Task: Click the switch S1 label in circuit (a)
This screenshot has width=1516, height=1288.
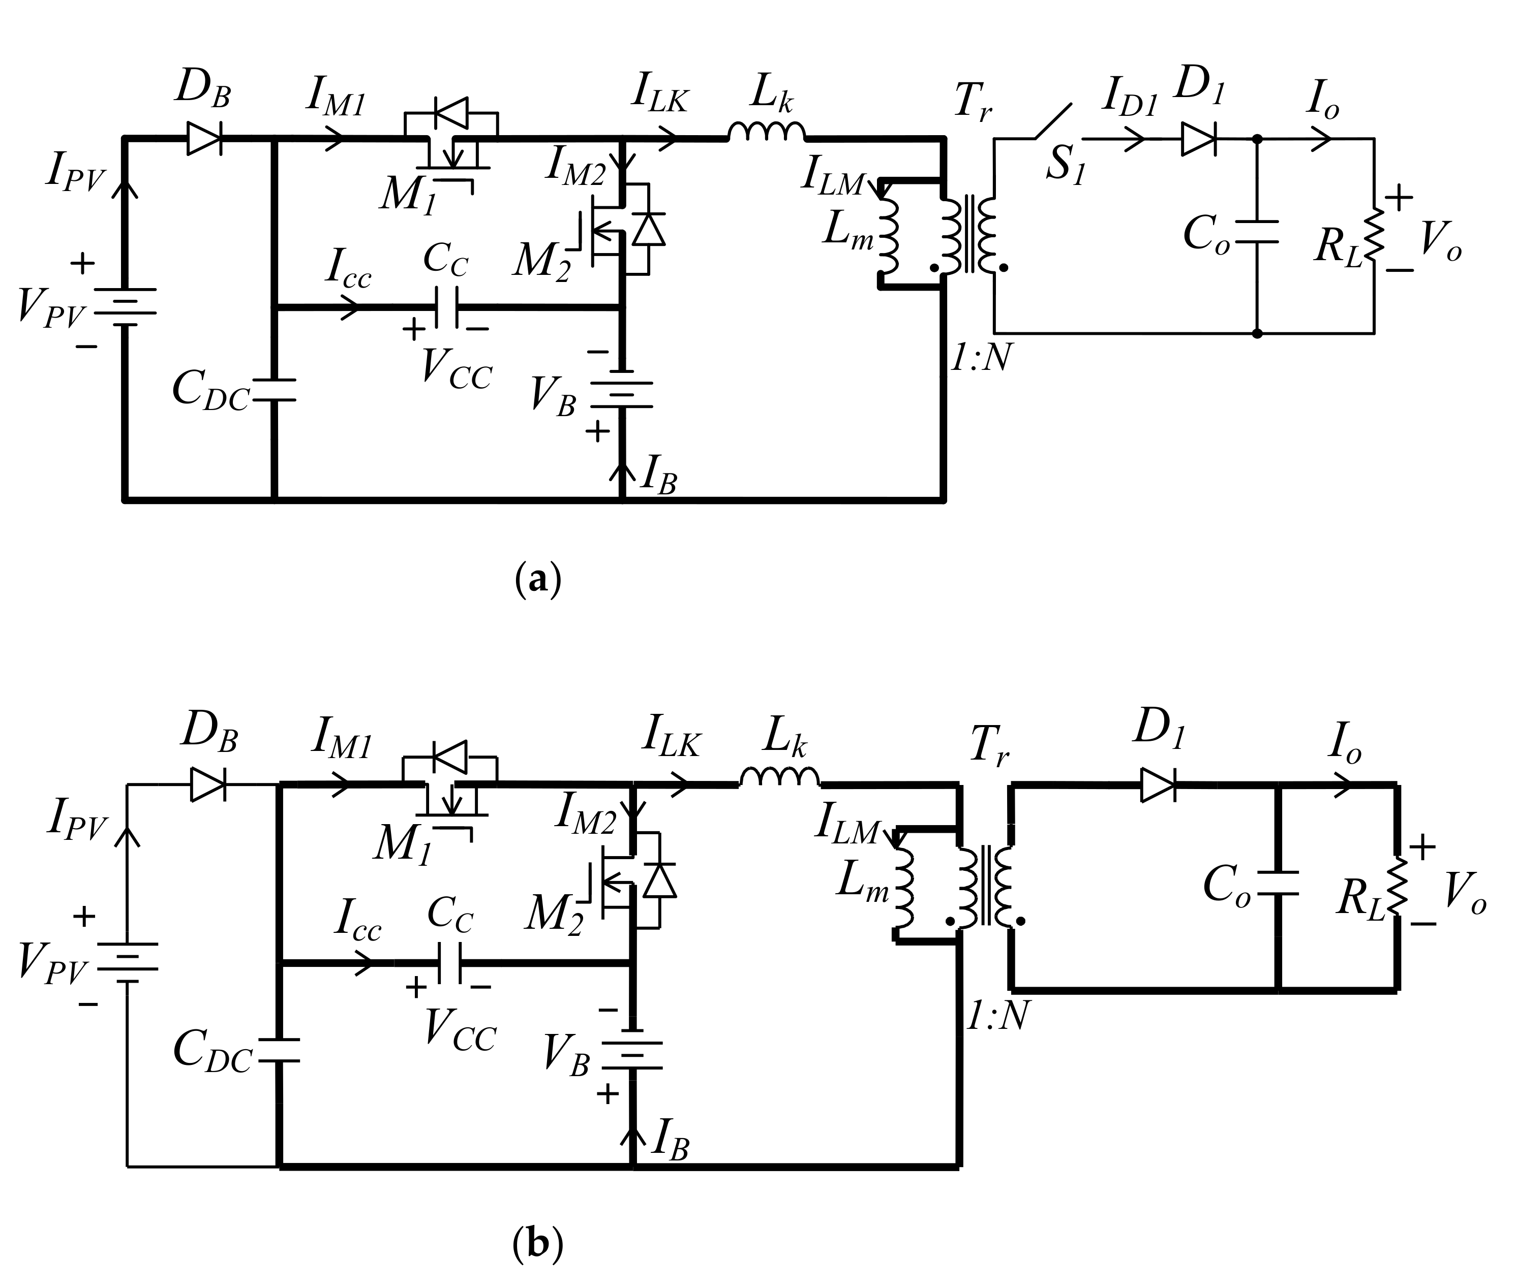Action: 1065,164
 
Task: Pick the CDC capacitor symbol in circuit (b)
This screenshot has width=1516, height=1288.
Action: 279,1049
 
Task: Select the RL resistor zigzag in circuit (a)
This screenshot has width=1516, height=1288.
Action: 1374,234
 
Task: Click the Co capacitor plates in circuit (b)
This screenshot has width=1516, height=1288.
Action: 1278,883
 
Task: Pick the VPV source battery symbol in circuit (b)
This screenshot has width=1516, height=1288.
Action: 128,967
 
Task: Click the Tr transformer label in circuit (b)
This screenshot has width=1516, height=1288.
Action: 988,747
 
